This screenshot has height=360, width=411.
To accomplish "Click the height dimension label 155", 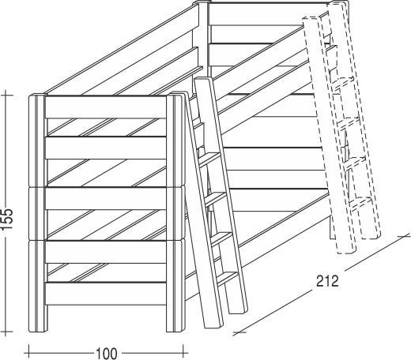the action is coord(7,219).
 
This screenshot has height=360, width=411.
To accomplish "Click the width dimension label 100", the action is coord(107,354).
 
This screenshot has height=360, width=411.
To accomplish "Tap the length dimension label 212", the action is coord(327,281).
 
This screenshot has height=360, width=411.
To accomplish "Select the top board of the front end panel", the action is coord(106,107).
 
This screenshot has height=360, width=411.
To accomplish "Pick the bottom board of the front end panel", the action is coord(106,294).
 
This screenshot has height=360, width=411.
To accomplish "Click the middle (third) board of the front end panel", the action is coord(106,198).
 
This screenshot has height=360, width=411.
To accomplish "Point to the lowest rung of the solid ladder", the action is coord(228,279).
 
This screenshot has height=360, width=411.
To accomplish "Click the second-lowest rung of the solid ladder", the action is coord(222,239).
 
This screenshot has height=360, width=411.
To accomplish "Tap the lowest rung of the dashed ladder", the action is coord(361,204).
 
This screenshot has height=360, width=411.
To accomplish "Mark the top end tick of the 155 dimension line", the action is coord(6,95).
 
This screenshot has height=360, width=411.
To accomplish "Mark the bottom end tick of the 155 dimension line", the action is coord(6,332).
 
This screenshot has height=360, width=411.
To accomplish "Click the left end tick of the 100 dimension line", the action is coord(28,353).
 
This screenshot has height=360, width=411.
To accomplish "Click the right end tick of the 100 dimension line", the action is coord(183,353).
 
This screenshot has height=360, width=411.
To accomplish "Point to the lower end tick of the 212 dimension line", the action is coord(239,332).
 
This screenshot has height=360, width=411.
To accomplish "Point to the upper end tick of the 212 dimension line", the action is coord(404,236).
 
